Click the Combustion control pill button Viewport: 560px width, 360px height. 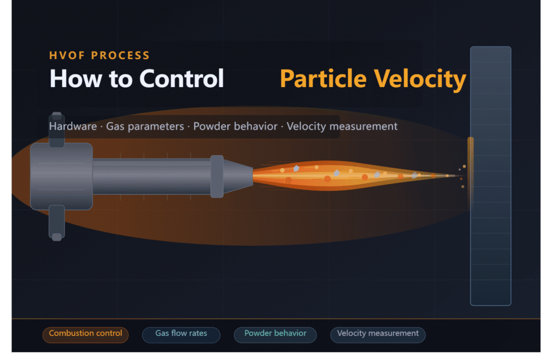click(x=85, y=334)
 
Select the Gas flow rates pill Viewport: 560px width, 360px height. click(x=181, y=334)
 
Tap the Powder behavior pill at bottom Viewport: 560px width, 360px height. click(x=275, y=334)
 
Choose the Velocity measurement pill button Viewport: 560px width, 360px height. click(x=377, y=334)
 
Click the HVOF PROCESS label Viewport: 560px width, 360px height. click(x=99, y=55)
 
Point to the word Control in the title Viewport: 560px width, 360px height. click(x=182, y=79)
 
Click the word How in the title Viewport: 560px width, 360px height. click(x=68, y=79)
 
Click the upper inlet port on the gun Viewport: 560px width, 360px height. click(x=57, y=129)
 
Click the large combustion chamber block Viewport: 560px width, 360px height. click(x=61, y=176)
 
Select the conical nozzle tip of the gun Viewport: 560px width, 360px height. click(x=238, y=176)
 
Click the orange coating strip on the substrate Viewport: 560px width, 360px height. click(x=470, y=170)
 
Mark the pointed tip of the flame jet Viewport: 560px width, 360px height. click(x=457, y=176)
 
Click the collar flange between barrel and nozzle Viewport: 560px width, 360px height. click(x=217, y=176)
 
